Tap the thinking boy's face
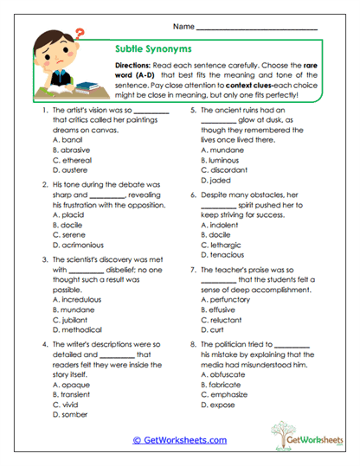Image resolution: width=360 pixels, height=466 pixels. tap(61, 54)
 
